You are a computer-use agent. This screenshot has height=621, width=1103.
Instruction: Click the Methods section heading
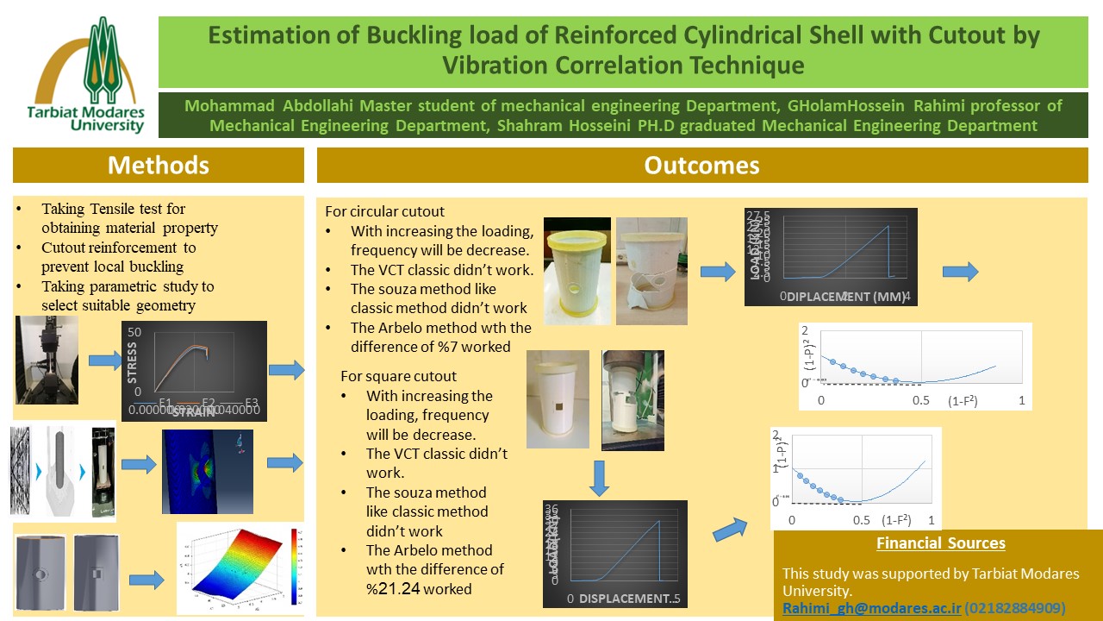159,165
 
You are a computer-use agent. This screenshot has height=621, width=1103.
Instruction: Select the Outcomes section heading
702,165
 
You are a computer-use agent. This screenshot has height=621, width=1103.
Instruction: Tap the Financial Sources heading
940,543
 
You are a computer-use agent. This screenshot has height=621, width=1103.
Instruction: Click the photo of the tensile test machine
47,360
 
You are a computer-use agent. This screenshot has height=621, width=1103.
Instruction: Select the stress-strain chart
196,371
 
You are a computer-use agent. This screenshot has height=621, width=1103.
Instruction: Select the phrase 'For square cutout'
398,376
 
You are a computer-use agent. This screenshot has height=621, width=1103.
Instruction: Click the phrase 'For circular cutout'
385,212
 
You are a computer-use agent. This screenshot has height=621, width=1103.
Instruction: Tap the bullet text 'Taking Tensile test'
113,209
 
